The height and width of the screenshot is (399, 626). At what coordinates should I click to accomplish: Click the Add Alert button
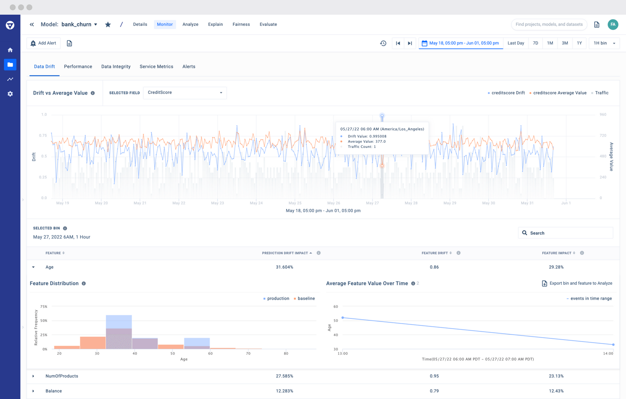click(43, 43)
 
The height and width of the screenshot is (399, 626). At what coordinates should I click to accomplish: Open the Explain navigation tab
click(215, 24)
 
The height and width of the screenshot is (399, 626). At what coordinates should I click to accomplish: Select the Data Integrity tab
click(116, 66)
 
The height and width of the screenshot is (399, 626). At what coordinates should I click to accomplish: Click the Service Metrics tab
click(156, 66)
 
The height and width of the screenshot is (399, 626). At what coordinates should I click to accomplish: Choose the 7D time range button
click(535, 43)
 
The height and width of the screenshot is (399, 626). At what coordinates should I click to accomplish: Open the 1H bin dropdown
click(604, 43)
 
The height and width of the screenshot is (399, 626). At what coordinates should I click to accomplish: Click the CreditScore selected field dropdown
click(185, 93)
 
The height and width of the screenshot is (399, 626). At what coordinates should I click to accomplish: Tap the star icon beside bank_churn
click(108, 25)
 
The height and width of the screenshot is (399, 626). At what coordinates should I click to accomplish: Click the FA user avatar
click(613, 24)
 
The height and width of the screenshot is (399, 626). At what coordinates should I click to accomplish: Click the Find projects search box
click(549, 24)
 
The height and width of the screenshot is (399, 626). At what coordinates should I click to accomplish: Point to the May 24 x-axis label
click(256, 203)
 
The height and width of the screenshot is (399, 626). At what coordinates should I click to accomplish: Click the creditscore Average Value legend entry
click(559, 93)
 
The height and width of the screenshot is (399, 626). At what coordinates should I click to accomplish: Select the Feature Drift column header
click(434, 253)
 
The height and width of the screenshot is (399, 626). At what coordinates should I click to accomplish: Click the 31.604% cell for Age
click(284, 267)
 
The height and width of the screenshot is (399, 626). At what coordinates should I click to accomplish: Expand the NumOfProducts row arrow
click(33, 376)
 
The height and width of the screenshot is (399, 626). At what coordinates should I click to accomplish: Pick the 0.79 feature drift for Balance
click(434, 391)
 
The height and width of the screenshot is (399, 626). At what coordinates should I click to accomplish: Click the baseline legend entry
click(306, 298)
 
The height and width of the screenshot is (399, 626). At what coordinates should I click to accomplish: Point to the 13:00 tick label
click(343, 354)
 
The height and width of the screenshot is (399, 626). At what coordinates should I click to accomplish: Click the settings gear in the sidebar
click(10, 94)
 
